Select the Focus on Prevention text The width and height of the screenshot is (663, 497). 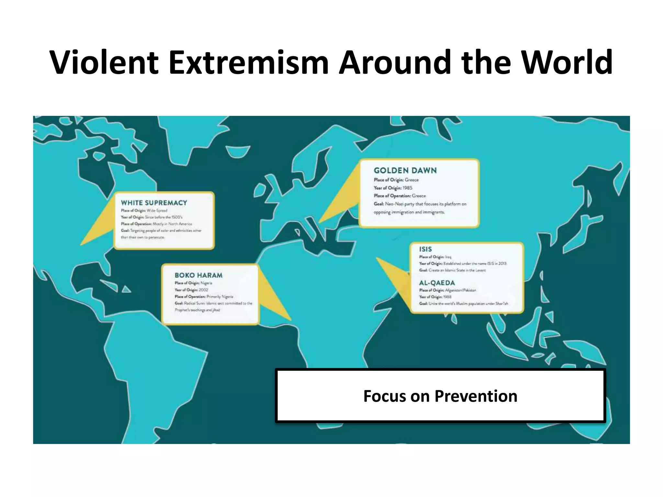440,396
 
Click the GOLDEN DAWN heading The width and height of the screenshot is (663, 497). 405,171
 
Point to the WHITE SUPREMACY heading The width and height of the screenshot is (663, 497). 154,203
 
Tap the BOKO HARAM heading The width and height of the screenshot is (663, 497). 198,275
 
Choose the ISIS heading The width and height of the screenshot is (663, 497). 425,249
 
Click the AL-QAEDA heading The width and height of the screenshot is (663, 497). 437,283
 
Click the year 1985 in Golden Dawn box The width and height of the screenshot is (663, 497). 408,188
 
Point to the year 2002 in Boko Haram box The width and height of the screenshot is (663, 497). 204,290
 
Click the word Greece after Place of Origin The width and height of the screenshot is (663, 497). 412,180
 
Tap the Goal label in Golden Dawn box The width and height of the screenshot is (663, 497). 379,204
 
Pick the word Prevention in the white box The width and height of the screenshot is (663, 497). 476,396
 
